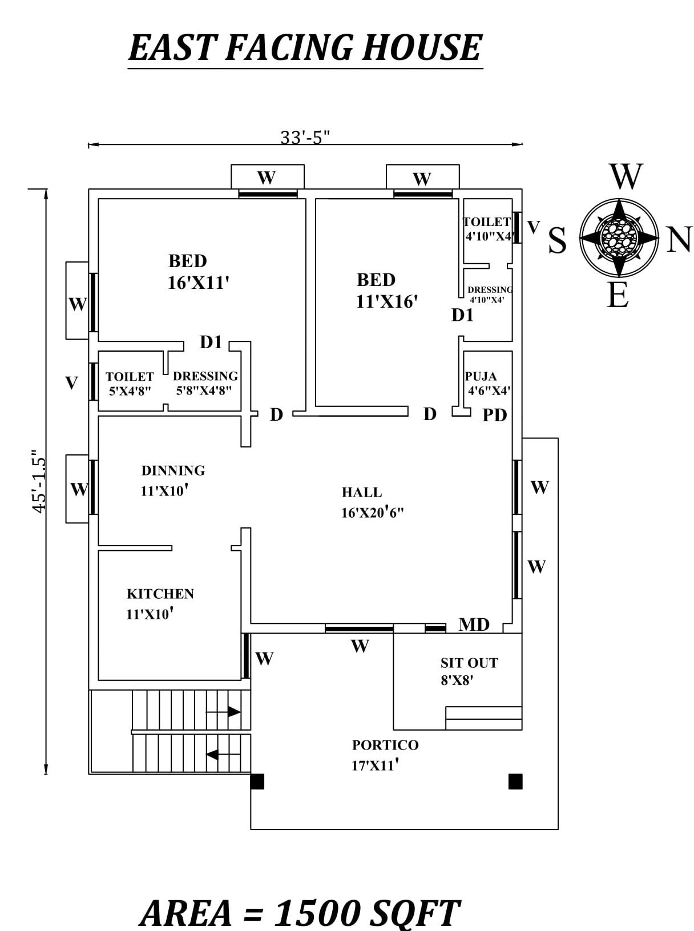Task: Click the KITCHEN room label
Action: [160, 594]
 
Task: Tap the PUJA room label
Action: [481, 376]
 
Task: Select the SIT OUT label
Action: [469, 663]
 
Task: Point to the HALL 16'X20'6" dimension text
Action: [372, 512]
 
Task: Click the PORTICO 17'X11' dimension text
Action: [374, 765]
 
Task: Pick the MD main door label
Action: [474, 625]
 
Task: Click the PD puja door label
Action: [494, 416]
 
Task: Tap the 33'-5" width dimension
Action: [305, 138]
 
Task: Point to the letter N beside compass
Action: [679, 240]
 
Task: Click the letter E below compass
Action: [618, 296]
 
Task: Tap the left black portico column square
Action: [257, 781]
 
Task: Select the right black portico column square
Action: [515, 781]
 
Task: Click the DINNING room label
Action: [173, 470]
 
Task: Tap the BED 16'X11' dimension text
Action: [198, 282]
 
